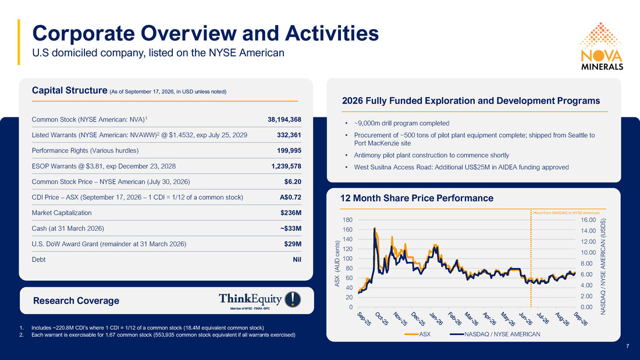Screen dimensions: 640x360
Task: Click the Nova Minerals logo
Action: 601,46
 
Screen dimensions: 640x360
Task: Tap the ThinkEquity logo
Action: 260,301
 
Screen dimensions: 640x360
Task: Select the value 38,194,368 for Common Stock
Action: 285,120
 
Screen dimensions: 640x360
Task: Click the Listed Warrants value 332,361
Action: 289,135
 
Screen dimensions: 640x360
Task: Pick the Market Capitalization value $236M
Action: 290,213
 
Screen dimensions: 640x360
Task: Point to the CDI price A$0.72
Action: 290,197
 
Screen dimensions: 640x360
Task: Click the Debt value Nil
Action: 297,259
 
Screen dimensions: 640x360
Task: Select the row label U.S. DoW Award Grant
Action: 109,244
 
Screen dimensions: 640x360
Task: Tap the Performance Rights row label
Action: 85,151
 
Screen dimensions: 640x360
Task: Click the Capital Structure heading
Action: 69,90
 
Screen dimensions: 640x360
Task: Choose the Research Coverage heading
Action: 76,301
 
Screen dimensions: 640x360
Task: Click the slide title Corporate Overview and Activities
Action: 205,33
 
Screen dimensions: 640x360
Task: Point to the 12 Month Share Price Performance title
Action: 417,198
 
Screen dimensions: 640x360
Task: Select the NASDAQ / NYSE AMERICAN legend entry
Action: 495,334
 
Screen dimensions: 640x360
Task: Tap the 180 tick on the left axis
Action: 347,220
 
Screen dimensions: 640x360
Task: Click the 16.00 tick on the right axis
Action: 588,220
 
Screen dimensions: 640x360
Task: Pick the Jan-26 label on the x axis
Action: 436,318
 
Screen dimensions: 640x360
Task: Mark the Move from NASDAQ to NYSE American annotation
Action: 566,213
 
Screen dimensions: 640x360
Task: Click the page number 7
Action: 628,346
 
